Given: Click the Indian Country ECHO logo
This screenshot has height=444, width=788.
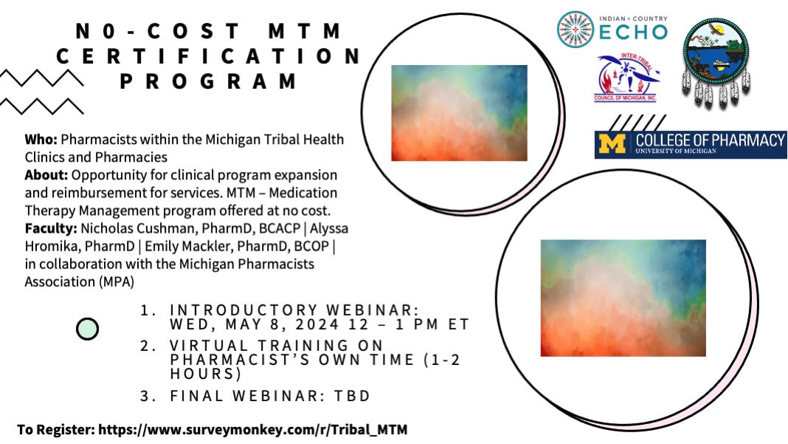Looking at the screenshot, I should (x=612, y=30).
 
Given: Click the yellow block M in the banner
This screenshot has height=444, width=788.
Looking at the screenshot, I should (x=613, y=143).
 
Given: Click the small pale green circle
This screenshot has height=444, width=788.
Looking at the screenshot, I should (x=87, y=328).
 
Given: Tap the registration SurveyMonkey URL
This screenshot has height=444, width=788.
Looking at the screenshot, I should (x=252, y=429).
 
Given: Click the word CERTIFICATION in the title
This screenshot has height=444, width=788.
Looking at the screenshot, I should (x=209, y=56).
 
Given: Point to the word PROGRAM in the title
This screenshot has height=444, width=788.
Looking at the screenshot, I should (x=209, y=81).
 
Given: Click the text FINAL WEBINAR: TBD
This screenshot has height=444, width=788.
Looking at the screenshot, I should (x=270, y=397).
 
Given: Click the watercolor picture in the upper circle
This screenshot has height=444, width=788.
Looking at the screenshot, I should (x=459, y=112).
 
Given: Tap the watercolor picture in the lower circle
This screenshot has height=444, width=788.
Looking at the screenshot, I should (x=623, y=298).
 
